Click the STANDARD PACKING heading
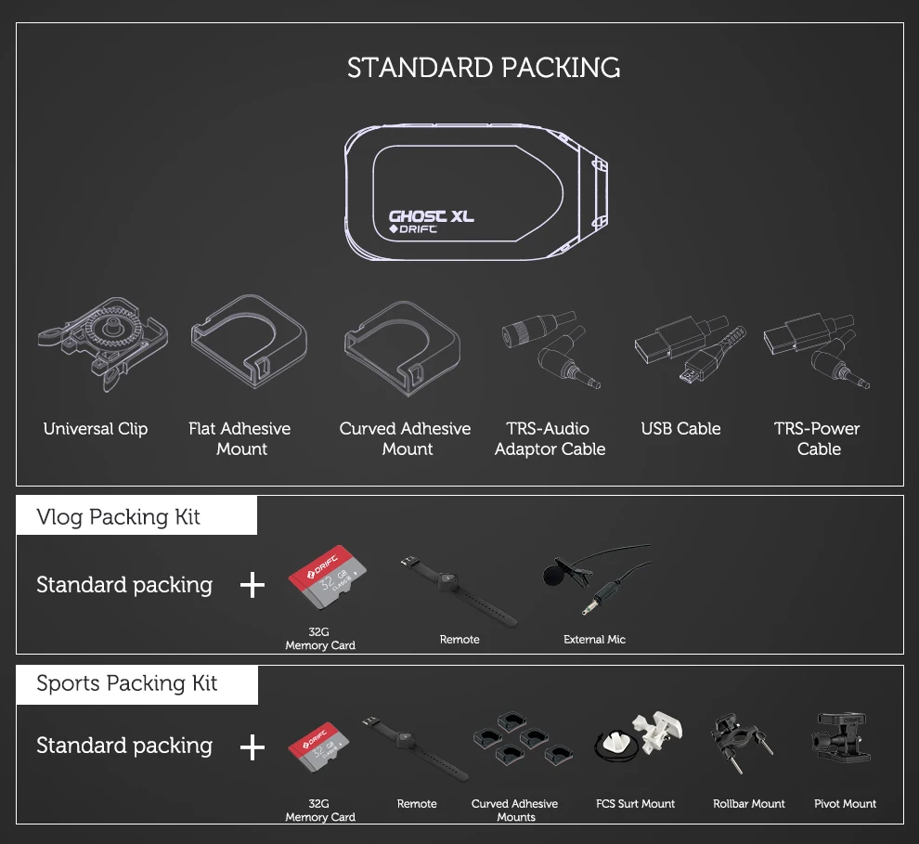click(484, 68)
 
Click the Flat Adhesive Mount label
click(239, 438)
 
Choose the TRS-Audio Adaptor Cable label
click(550, 438)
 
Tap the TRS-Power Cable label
click(817, 438)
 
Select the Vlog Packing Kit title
click(118, 517)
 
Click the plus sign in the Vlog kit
click(252, 585)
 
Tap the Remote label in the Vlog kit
click(459, 640)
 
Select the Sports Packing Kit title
click(126, 684)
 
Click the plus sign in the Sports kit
click(252, 747)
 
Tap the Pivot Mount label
click(845, 804)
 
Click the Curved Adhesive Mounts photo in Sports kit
click(516, 741)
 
